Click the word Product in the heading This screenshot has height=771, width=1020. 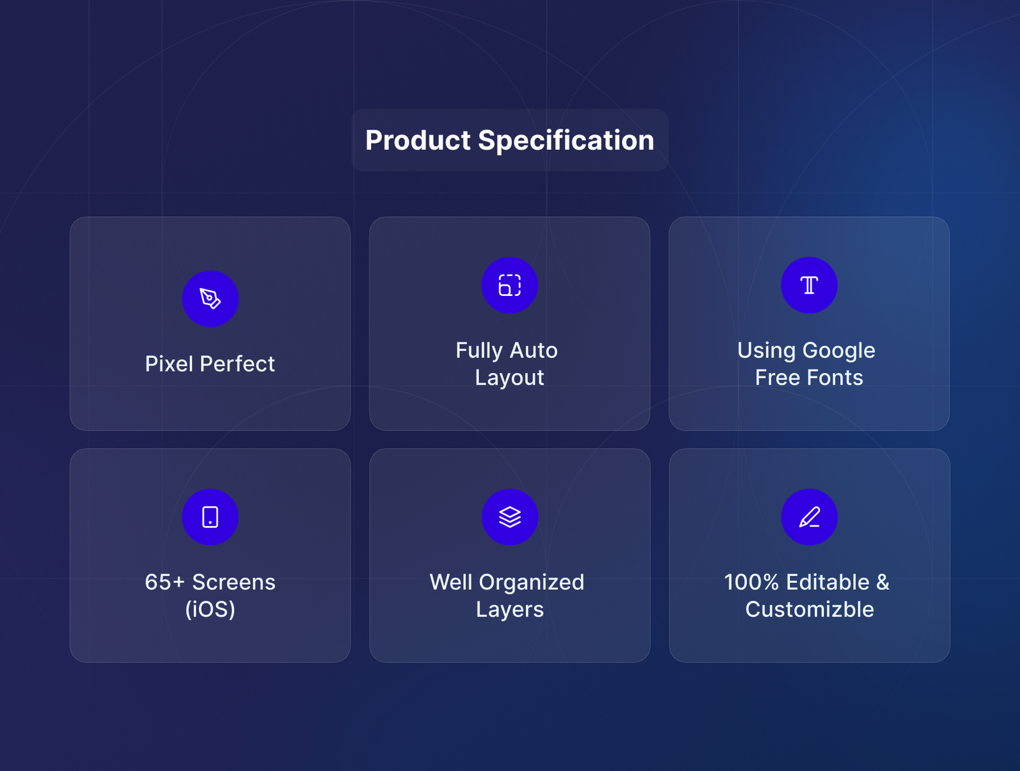tap(418, 140)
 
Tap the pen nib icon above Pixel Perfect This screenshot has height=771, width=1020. tap(210, 299)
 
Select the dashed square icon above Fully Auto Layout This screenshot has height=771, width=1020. tap(509, 285)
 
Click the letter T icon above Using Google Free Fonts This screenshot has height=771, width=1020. tap(809, 285)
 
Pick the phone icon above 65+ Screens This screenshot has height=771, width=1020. tap(210, 517)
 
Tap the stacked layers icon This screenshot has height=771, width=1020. tap(509, 517)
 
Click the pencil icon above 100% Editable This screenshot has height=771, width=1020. tap(809, 517)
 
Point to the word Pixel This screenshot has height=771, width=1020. tap(169, 364)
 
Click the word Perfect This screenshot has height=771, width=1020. tap(237, 364)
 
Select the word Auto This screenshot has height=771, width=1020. tap(534, 351)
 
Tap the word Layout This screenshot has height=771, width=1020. tap(509, 378)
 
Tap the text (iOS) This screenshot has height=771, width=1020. tap(210, 610)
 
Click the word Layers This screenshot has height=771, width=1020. tap(509, 610)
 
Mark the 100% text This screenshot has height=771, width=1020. tap(752, 582)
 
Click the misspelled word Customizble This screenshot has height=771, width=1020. tap(810, 610)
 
